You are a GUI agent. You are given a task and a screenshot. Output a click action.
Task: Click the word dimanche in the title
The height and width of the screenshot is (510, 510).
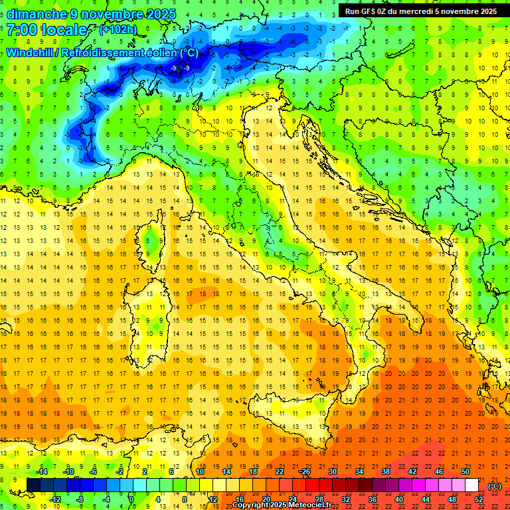click(37, 14)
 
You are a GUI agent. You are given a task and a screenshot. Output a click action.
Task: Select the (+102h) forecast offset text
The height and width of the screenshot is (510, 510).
click(119, 30)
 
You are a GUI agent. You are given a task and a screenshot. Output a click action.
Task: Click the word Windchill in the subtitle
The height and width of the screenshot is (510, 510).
click(32, 52)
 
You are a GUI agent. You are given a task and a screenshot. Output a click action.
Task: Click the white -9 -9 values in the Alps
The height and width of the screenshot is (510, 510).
click(181, 68)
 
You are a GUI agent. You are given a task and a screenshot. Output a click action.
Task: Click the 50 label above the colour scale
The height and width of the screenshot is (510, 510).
click(466, 471)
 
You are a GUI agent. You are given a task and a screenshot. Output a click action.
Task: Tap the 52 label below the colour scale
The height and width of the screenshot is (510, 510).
click(479, 499)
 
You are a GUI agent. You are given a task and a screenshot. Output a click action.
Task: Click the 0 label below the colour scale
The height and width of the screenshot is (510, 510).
click(131, 499)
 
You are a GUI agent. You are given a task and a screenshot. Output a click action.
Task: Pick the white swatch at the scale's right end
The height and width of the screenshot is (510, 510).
click(472, 485)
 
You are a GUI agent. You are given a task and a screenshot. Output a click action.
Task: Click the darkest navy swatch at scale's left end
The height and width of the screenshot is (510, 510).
click(33, 485)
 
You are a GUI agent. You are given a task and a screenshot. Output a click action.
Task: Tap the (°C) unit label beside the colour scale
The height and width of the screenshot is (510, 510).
click(494, 485)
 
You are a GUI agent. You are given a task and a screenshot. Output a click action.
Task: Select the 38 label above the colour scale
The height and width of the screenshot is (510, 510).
click(385, 471)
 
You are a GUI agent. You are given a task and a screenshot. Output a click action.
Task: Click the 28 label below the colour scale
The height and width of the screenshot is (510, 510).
click(319, 499)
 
